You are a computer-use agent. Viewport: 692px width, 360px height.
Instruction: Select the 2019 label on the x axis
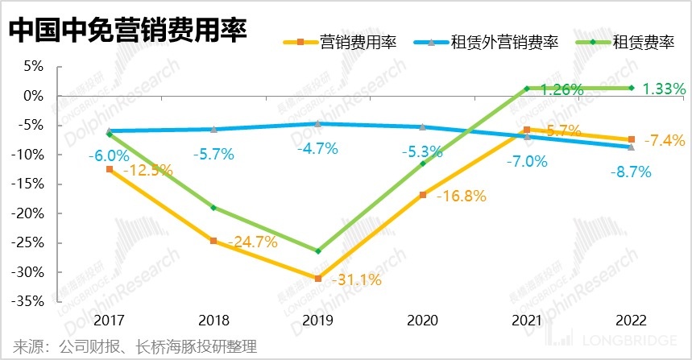coord(317,321)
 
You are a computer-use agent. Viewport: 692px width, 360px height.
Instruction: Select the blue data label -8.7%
coord(629,172)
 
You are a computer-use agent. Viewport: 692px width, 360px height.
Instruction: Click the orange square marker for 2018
coord(213,241)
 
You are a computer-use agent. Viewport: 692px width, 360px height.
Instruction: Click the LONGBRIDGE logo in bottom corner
coord(632,342)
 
